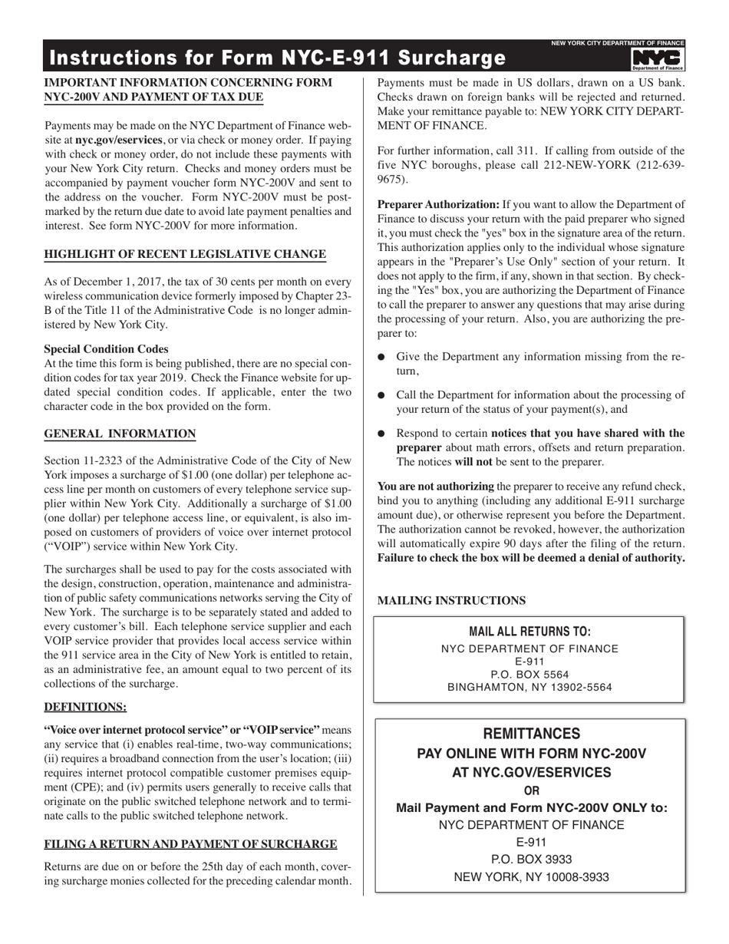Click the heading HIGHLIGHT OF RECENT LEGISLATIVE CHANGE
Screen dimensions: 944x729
(185, 255)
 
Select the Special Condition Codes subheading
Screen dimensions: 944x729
(106, 348)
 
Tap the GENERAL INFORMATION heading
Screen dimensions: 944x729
(120, 434)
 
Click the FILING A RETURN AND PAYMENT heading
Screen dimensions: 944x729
(190, 844)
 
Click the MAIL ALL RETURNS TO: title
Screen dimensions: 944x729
(529, 632)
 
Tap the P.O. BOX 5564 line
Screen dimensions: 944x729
(529, 675)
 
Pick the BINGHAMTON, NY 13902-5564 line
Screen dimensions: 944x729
(529, 688)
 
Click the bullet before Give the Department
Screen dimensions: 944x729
(382, 358)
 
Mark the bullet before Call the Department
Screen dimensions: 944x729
(382, 395)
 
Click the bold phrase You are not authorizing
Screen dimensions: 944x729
(435, 487)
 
